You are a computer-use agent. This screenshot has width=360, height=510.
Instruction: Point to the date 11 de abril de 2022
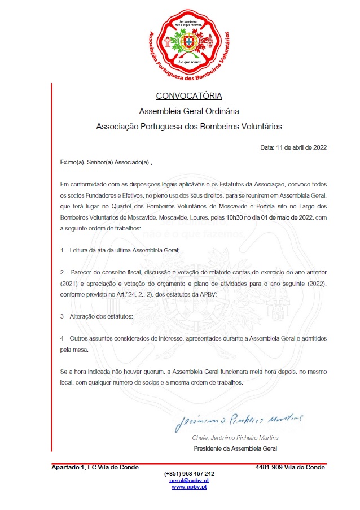click(301, 147)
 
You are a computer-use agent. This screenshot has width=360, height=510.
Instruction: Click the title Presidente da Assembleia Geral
click(235, 449)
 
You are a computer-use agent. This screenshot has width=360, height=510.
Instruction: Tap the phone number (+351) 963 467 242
click(189, 473)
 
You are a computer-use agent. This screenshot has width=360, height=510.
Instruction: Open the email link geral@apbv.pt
click(189, 480)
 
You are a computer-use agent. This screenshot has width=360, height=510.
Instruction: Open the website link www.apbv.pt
click(189, 486)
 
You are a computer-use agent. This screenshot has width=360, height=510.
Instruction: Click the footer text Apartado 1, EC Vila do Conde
click(95, 467)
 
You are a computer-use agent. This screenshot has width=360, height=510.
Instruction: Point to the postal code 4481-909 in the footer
click(270, 467)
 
